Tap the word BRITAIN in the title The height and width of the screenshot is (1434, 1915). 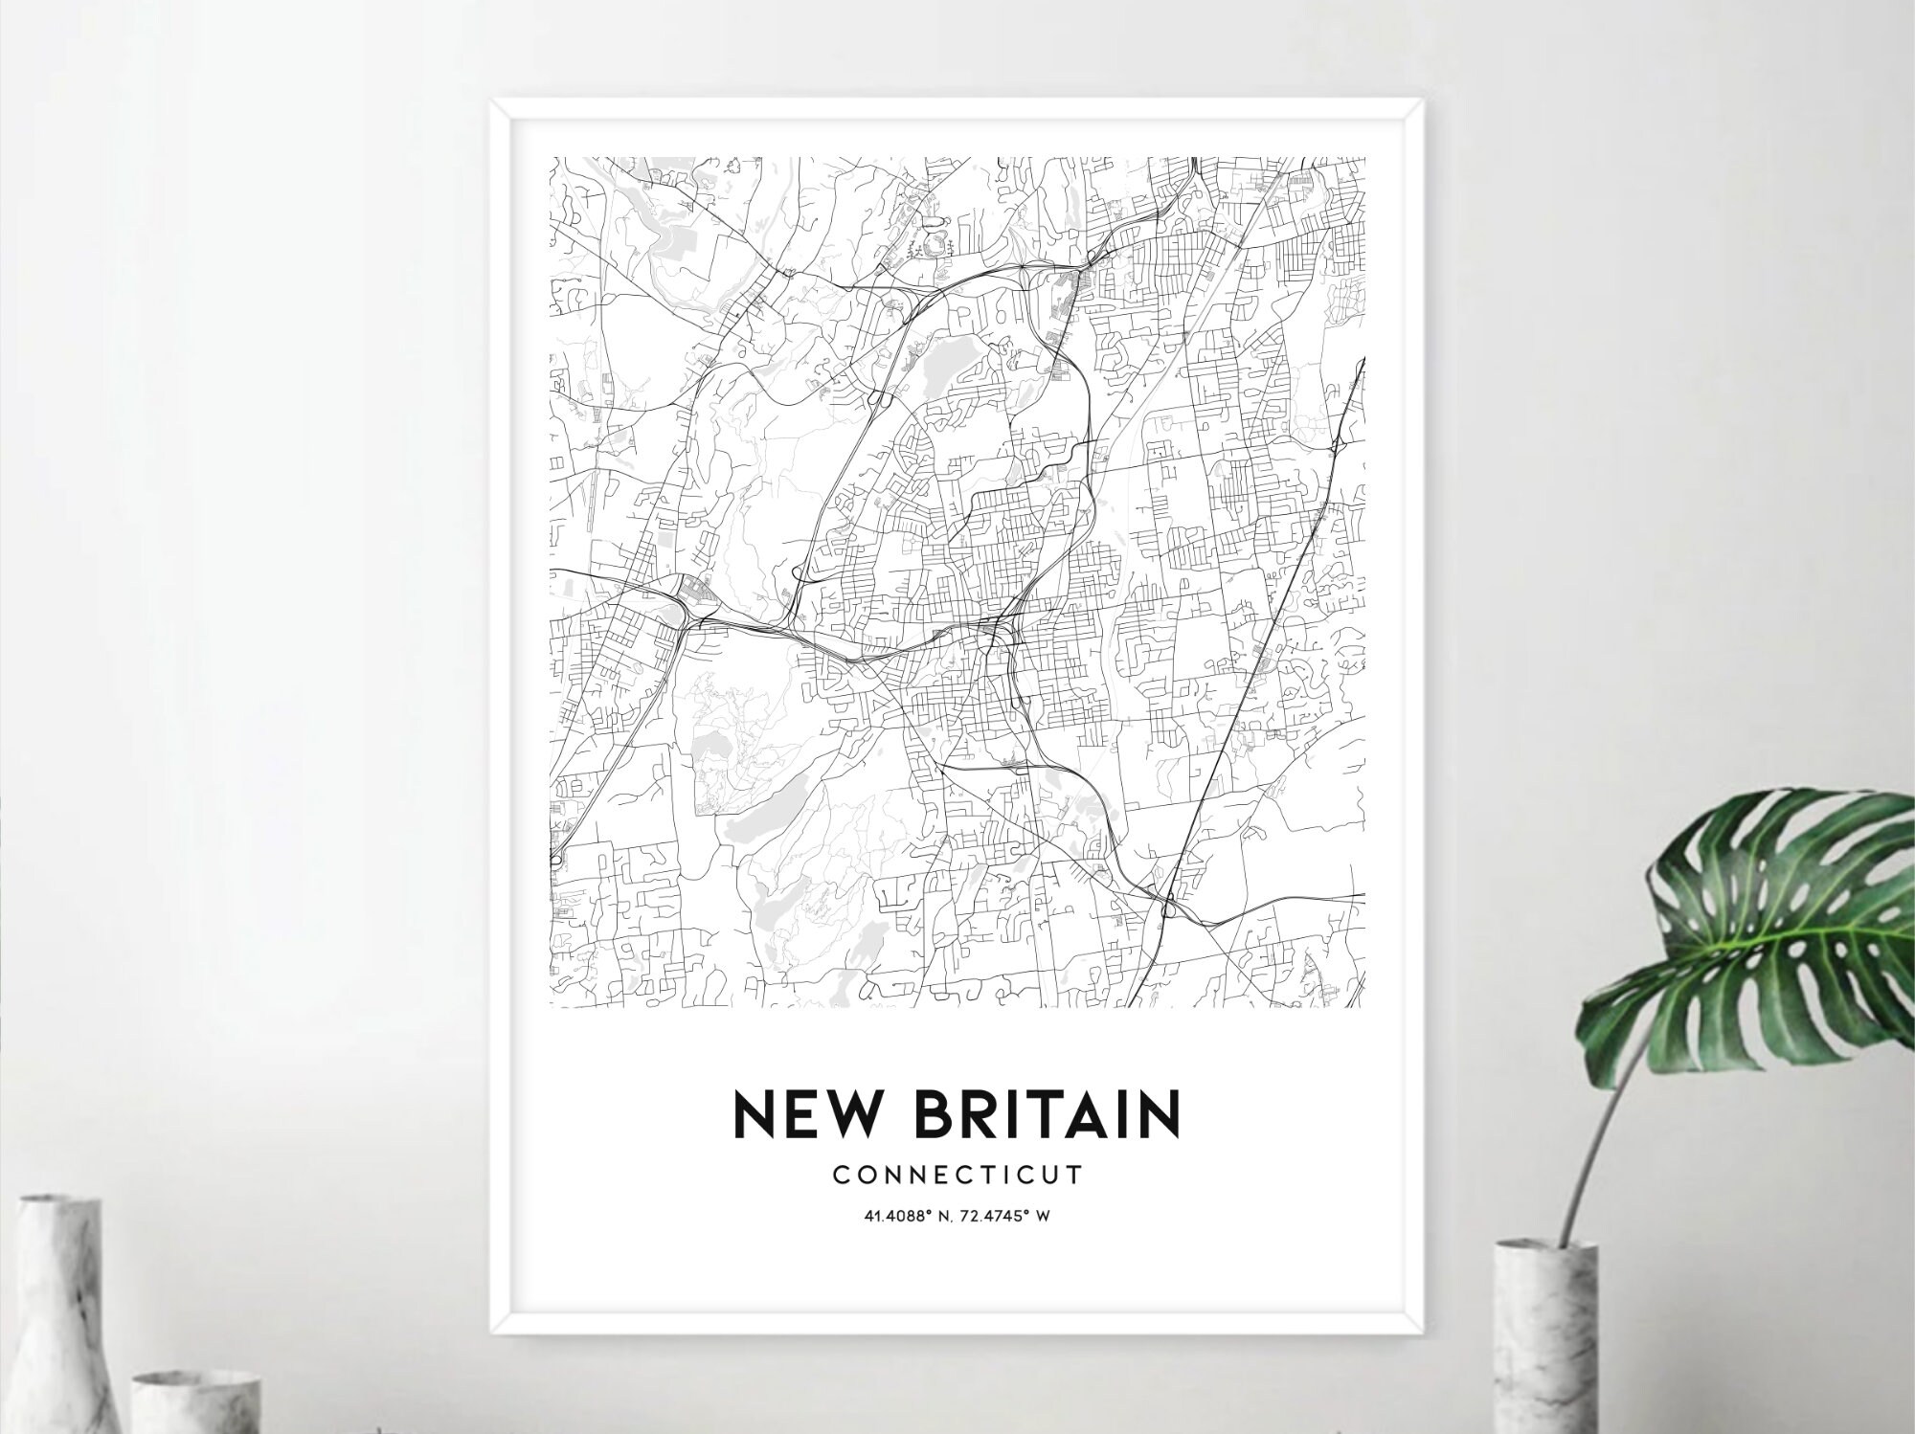(1047, 1113)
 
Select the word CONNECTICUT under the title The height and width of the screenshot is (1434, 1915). (957, 1175)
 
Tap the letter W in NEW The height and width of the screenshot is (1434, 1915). (852, 1113)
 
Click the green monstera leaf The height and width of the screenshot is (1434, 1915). (1771, 919)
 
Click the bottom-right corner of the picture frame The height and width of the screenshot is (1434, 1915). (1422, 1331)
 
